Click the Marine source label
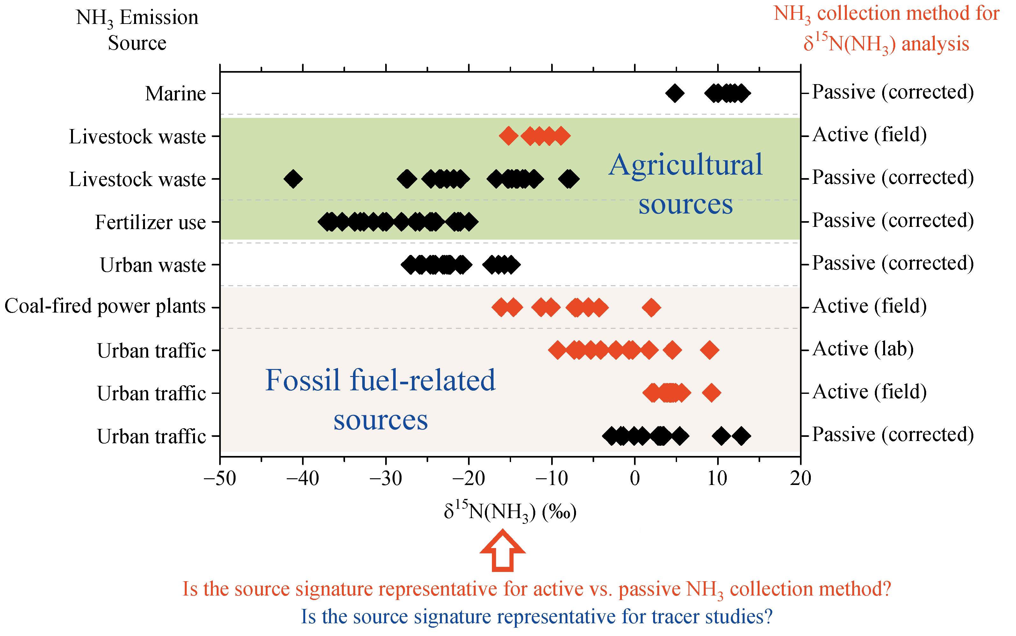(x=175, y=93)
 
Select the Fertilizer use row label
(x=150, y=222)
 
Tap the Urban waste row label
(x=153, y=265)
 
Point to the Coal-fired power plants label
(x=105, y=306)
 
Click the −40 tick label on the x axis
(x=302, y=478)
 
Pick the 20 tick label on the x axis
(x=800, y=478)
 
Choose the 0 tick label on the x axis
(x=635, y=478)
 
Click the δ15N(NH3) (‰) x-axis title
(x=510, y=511)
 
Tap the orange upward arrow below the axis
(x=502, y=551)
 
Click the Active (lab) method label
(x=863, y=349)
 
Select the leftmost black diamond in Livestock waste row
(x=293, y=179)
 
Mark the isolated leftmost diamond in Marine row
(x=674, y=93)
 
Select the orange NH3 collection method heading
(x=886, y=29)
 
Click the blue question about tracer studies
(x=537, y=617)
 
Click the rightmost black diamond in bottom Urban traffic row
(x=741, y=436)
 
